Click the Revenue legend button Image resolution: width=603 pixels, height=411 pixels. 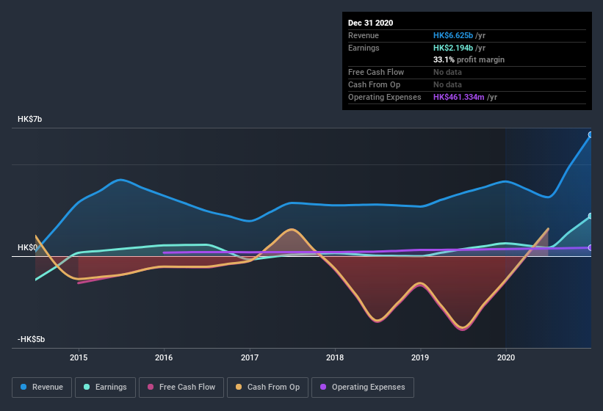point(41,387)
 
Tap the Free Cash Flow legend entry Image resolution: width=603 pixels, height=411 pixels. point(181,387)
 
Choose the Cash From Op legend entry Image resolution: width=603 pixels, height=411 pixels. point(267,387)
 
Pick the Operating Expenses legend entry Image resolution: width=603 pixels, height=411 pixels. point(362,387)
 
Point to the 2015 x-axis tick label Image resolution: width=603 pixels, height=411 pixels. point(79,357)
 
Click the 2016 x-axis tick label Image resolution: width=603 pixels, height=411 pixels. point(164,357)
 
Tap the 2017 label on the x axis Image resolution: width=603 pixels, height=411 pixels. point(250,357)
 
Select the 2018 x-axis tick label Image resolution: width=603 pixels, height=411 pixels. point(335,357)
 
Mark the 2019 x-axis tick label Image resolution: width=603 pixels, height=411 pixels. point(420,357)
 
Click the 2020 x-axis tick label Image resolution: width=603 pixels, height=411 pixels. point(506,357)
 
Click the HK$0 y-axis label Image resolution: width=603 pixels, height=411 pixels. point(28,248)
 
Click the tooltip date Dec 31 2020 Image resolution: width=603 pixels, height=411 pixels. point(370,23)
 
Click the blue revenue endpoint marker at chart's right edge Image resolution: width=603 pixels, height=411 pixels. point(591,135)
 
